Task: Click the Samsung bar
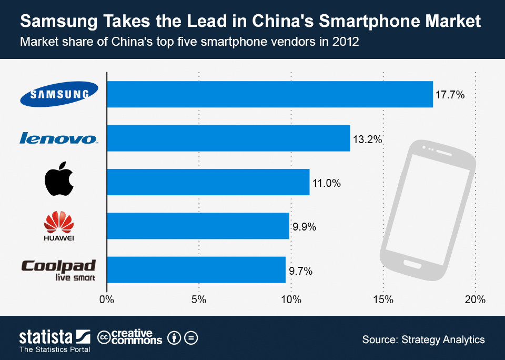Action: [270, 94]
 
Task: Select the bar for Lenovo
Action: [228, 138]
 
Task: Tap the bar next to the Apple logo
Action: [208, 182]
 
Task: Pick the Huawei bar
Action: [198, 226]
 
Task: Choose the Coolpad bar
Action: [196, 270]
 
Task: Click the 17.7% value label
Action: [450, 95]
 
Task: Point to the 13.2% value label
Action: [367, 139]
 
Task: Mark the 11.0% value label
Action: [327, 183]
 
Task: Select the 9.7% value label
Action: [301, 272]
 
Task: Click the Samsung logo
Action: [59, 94]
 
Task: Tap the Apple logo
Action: [59, 179]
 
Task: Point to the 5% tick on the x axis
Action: [199, 300]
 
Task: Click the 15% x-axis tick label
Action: [383, 300]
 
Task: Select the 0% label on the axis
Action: [107, 300]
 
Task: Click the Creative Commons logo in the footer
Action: [130, 337]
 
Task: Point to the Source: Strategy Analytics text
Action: [423, 339]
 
